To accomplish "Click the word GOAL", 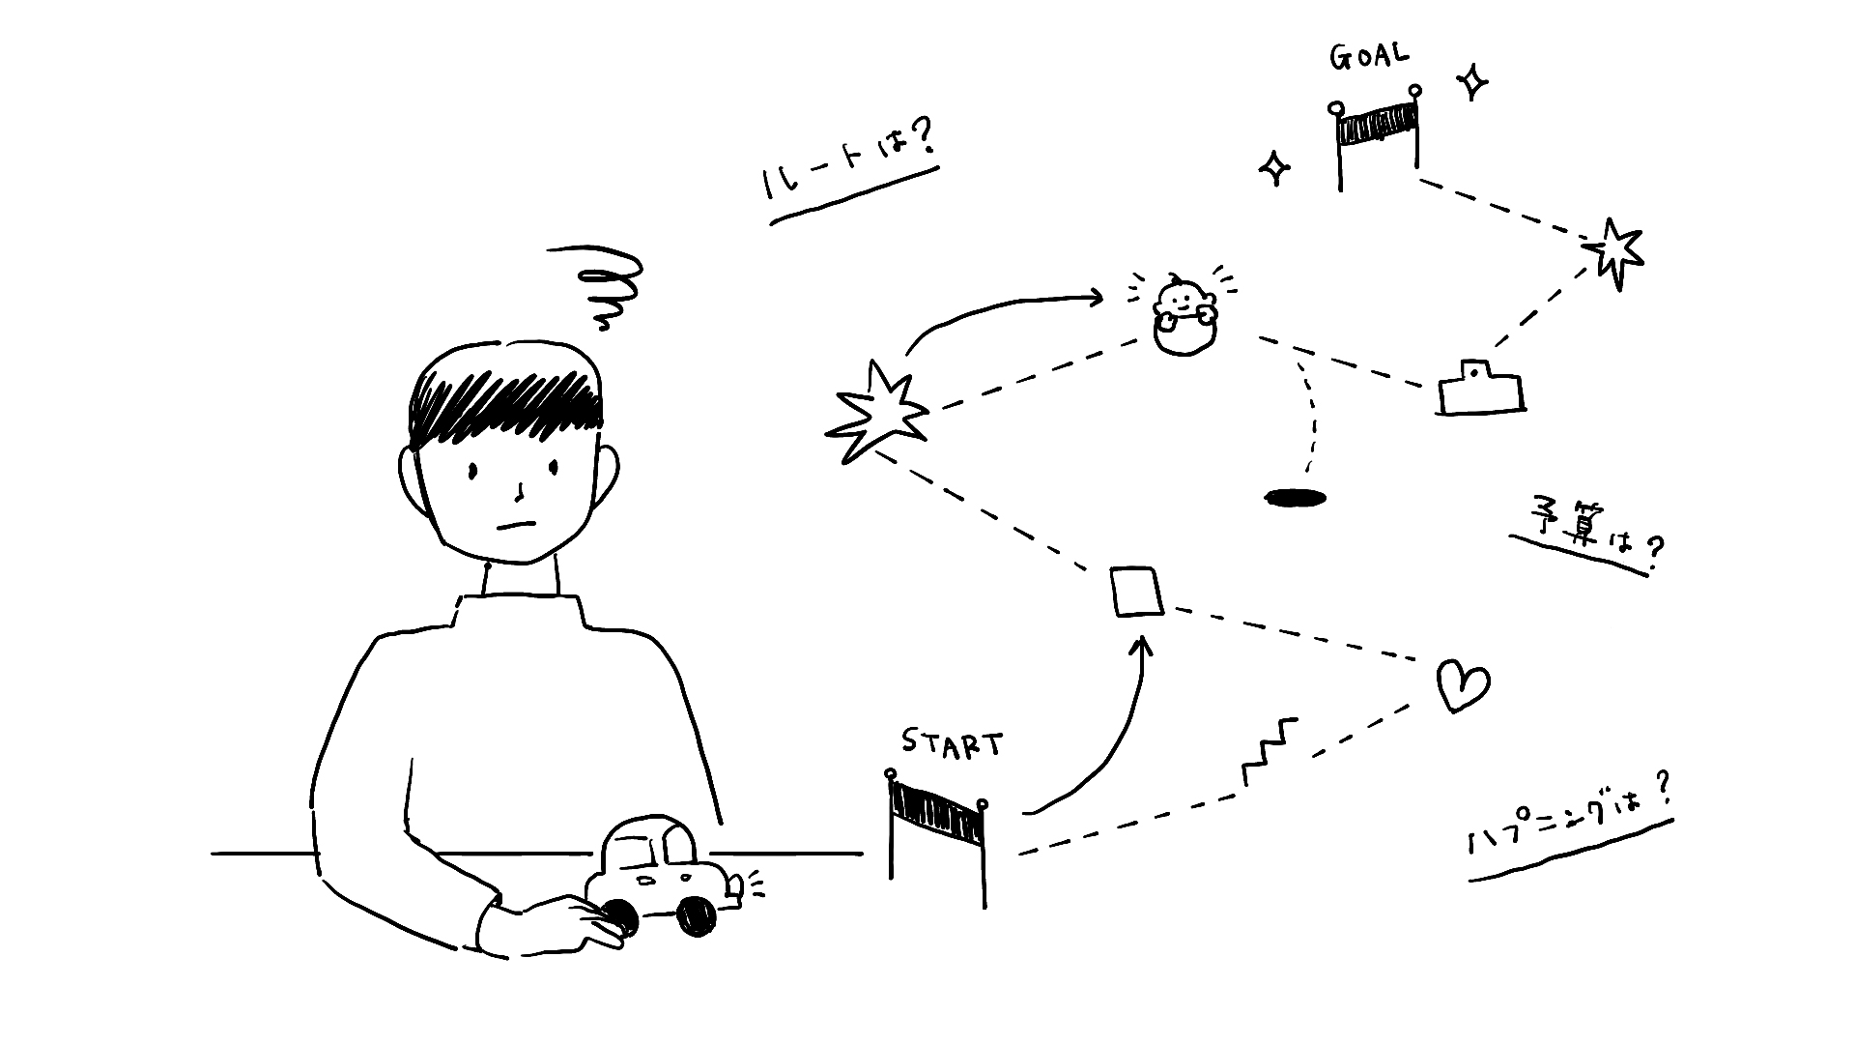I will pos(1369,57).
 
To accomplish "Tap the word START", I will pos(952,742).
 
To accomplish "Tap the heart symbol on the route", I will pos(1461,685).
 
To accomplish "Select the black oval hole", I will pos(1296,498).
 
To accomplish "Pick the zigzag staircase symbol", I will pos(1269,751).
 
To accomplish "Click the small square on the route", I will pos(1136,592).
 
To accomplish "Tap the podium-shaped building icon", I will pos(1479,389).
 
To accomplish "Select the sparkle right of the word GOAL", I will pos(1471,82).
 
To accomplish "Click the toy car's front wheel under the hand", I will pos(617,918).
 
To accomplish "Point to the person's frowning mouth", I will pos(516,527).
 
